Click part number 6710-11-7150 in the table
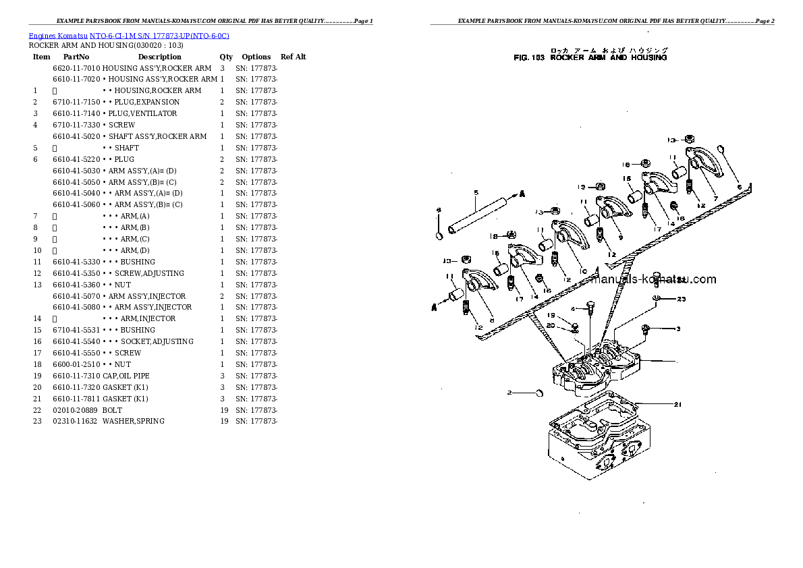click(76, 102)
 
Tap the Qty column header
click(226, 57)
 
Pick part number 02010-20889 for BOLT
click(75, 409)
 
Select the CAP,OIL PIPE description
click(126, 376)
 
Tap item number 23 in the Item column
click(37, 421)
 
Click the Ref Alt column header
click(294, 57)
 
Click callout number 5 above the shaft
click(476, 193)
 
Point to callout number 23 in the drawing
click(681, 299)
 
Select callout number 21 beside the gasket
click(677, 405)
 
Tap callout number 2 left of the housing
click(510, 392)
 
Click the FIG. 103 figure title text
click(590, 58)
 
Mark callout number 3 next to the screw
click(678, 329)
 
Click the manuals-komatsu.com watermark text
click(653, 279)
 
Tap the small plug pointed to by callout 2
click(538, 393)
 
